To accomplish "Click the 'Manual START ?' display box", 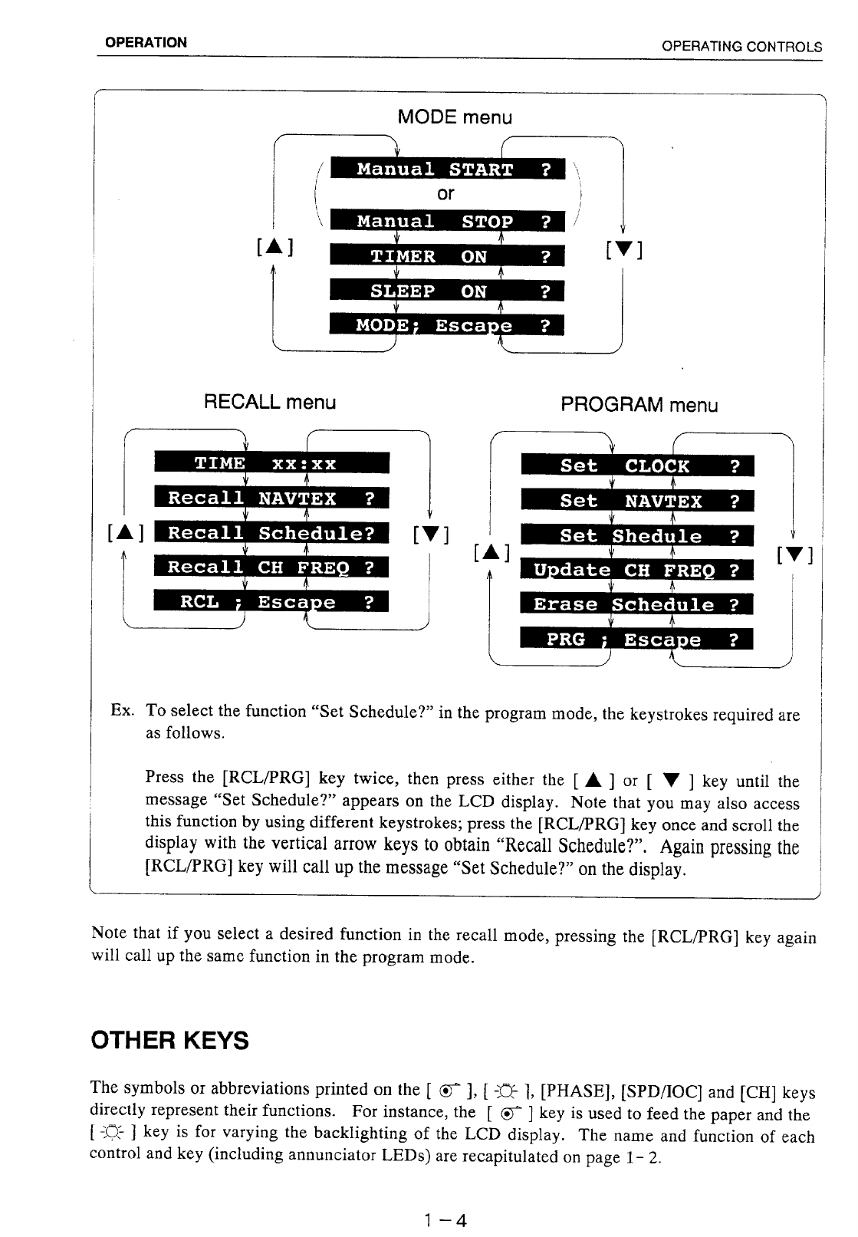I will tap(447, 169).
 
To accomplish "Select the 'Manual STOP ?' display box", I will tap(447, 221).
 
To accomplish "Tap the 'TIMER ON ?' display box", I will tap(447, 256).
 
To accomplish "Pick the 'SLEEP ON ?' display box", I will tap(447, 291).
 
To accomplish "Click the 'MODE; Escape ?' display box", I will tap(447, 325).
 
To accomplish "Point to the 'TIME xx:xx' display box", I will tap(272, 463).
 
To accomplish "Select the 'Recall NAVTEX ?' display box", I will tap(272, 498).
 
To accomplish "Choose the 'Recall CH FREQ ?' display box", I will tap(272, 567).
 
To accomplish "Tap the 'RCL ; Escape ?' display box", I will tap(272, 601).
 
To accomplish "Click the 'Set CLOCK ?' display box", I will tap(637, 466).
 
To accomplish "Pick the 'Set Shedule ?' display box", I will tap(637, 536).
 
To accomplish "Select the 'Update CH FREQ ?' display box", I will tap(637, 571).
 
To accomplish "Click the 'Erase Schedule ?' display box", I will tap(637, 604).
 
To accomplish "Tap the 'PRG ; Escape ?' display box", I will tap(637, 640).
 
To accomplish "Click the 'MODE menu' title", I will tap(455, 117).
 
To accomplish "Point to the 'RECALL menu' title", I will tap(269, 402).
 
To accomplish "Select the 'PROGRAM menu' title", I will tap(639, 405).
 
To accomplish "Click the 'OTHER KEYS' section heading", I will tap(169, 1041).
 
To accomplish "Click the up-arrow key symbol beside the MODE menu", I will tap(277, 247).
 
